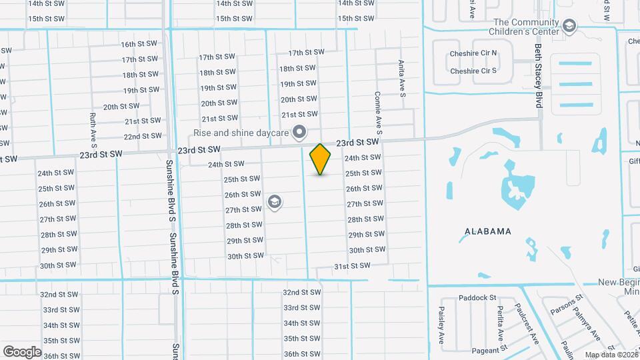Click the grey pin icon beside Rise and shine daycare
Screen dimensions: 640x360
pyautogui.click(x=299, y=131)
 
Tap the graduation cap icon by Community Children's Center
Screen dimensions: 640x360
pyautogui.click(x=569, y=26)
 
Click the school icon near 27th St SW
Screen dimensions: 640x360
pyautogui.click(x=273, y=201)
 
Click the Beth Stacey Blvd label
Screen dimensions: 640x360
pyautogui.click(x=538, y=75)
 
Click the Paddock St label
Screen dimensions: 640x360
pyautogui.click(x=478, y=298)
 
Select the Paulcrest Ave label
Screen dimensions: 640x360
pyautogui.click(x=526, y=324)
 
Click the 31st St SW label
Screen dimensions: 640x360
pyautogui.click(x=351, y=265)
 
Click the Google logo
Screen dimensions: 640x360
pyautogui.click(x=22, y=351)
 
